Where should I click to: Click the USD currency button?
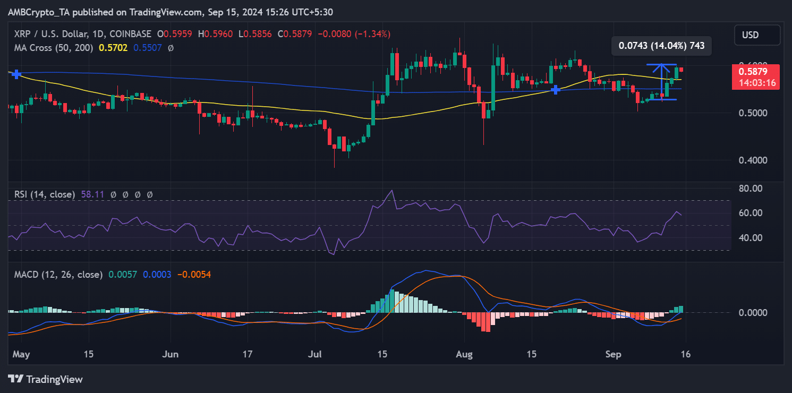757,35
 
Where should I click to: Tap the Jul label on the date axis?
314,354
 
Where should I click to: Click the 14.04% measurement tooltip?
661,46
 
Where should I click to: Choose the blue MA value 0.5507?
147,48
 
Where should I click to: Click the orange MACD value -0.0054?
194,275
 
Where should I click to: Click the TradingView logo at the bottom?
46,379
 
